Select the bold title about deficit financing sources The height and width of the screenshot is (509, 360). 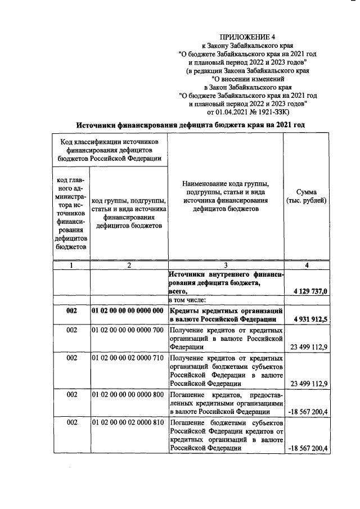click(x=191, y=124)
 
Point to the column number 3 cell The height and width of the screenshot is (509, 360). click(x=225, y=265)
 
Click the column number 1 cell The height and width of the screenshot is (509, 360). click(x=71, y=265)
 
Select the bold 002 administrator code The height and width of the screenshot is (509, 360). click(x=71, y=310)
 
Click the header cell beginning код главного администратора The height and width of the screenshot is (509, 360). click(x=71, y=213)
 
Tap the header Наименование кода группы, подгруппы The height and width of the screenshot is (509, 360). click(x=225, y=196)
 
